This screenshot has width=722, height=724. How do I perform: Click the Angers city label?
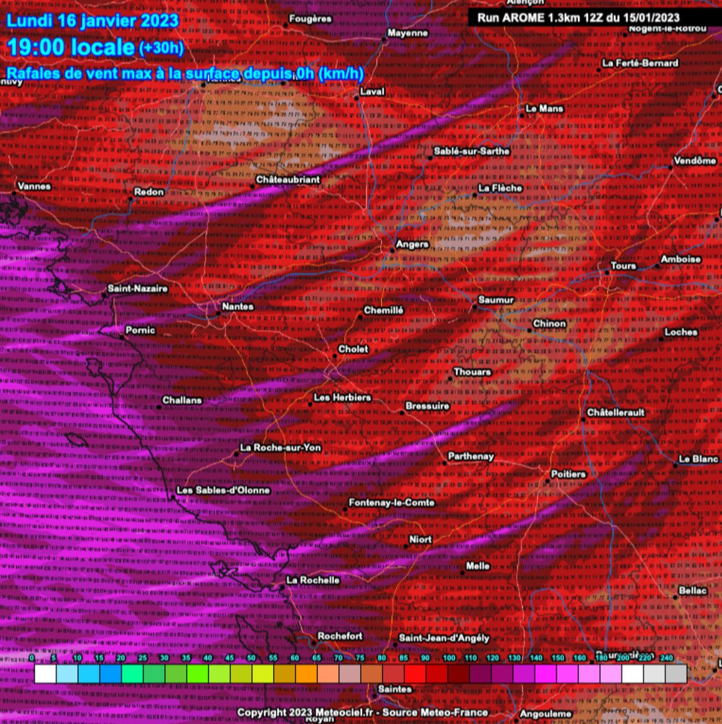pyautogui.click(x=412, y=244)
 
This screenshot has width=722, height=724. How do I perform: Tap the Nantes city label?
pyautogui.click(x=237, y=306)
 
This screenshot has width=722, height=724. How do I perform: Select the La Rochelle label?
pyautogui.click(x=313, y=580)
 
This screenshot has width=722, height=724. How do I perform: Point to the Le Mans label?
pyautogui.click(x=544, y=109)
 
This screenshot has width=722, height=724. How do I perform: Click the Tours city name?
pyautogui.click(x=623, y=265)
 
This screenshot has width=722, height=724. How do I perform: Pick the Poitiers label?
pyautogui.click(x=568, y=474)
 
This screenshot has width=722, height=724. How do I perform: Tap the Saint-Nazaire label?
pyautogui.click(x=137, y=288)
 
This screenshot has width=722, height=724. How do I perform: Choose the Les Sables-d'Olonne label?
pyautogui.click(x=223, y=491)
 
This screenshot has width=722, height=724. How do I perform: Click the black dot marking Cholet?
pyautogui.click(x=335, y=356)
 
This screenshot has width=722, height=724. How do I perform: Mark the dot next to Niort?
pyautogui.click(x=406, y=546)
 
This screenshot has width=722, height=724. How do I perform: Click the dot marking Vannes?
pyautogui.click(x=14, y=193)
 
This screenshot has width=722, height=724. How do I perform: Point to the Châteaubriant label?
pyautogui.click(x=287, y=180)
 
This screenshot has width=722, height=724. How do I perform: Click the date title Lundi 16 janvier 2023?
pyautogui.click(x=93, y=20)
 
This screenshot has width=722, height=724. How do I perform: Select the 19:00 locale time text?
pyautogui.click(x=71, y=47)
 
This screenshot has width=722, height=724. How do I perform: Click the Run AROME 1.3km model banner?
pyautogui.click(x=578, y=17)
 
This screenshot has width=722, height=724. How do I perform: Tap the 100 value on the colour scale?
pyautogui.click(x=449, y=658)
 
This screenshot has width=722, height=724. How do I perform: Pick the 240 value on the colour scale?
pyautogui.click(x=666, y=658)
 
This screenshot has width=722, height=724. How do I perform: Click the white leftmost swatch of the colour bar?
pyautogui.click(x=45, y=673)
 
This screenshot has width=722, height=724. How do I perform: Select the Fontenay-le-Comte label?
pyautogui.click(x=391, y=503)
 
